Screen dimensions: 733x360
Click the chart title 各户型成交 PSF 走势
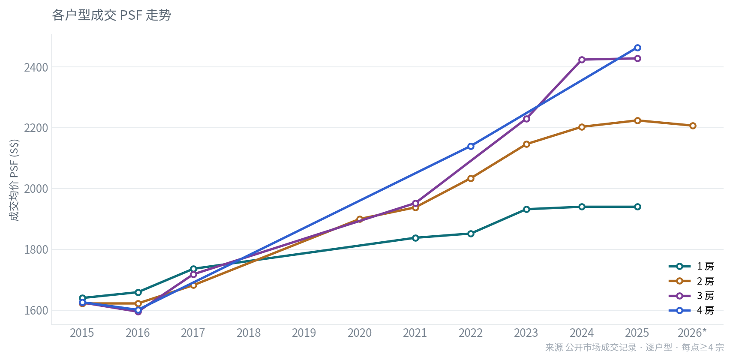(111, 15)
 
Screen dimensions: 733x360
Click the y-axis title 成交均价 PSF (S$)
(15, 180)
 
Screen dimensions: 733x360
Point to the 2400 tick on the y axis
(36, 67)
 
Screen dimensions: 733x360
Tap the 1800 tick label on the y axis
(36, 250)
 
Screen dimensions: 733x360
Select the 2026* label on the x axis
(692, 333)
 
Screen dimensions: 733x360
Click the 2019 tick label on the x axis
(304, 333)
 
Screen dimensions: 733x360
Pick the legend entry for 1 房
(691, 267)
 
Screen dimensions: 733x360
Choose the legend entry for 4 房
(691, 310)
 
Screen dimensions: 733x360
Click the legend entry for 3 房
(691, 296)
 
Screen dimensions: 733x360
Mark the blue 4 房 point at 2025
(637, 48)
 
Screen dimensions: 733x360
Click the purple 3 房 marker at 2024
(582, 60)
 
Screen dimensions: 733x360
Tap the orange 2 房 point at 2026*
(693, 126)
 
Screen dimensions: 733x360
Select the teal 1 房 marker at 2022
(471, 234)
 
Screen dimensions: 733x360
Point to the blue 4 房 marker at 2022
(471, 146)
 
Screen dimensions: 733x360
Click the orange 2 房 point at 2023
(526, 144)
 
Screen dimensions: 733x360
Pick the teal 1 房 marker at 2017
(193, 269)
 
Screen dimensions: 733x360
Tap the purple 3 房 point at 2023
(526, 119)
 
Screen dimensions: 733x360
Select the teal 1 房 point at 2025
(637, 207)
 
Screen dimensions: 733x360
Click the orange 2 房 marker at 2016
(138, 304)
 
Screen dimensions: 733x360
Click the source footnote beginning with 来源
(634, 348)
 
